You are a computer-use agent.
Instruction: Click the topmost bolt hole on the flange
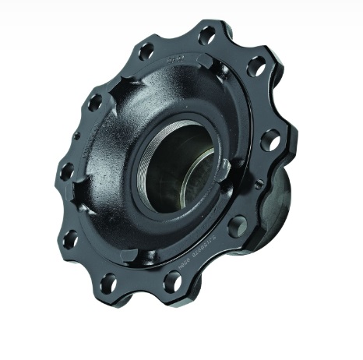[206, 35]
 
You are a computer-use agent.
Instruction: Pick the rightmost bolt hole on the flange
[270, 140]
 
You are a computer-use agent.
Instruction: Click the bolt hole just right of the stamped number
[238, 226]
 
